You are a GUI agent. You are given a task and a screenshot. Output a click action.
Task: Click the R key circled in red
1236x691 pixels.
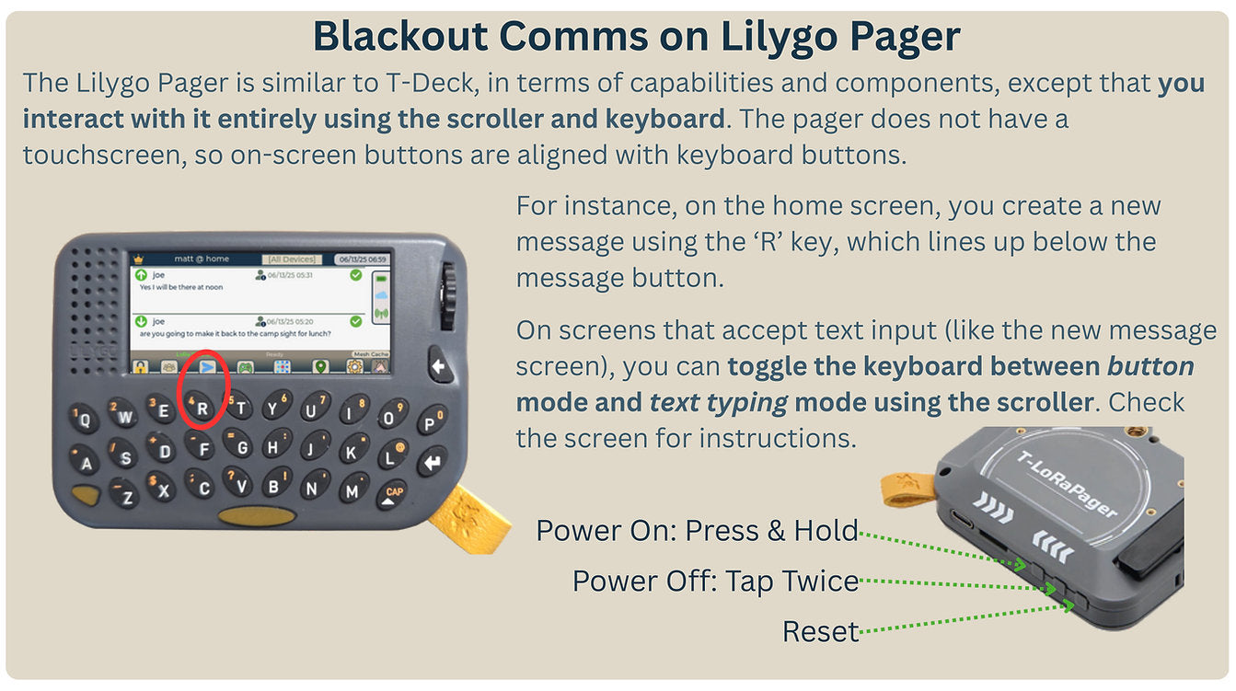(x=202, y=408)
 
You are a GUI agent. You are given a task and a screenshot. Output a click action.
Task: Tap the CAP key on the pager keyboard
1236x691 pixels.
(x=394, y=494)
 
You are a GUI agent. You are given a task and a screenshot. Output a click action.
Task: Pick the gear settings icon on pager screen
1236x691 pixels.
(x=354, y=367)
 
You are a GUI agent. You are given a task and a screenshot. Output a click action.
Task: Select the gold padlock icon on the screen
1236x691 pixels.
(x=140, y=367)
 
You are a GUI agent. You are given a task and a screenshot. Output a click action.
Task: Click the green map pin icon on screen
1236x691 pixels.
(x=319, y=367)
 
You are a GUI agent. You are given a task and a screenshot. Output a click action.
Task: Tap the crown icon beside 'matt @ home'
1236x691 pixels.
(x=140, y=259)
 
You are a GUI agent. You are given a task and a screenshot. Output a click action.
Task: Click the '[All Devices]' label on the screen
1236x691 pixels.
(x=291, y=259)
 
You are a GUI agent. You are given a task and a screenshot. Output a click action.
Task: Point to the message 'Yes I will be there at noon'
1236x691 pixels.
(x=180, y=288)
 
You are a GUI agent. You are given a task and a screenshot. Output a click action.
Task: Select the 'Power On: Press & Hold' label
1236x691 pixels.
(x=697, y=531)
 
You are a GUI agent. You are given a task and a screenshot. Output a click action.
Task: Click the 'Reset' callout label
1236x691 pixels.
(x=820, y=631)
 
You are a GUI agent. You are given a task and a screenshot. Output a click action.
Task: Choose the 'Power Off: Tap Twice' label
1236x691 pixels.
(x=715, y=582)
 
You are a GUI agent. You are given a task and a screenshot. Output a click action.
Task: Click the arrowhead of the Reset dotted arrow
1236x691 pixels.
(x=1069, y=605)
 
